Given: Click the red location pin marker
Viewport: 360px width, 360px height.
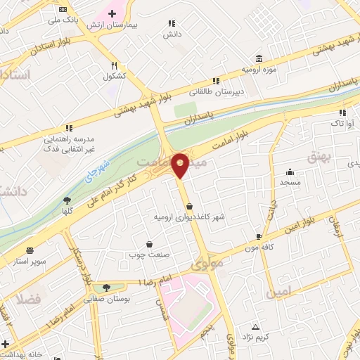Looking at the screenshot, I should (x=181, y=164).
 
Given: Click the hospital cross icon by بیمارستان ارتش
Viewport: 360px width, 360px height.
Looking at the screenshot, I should (x=112, y=13).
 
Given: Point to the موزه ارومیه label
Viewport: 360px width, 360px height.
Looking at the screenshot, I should (x=257, y=70).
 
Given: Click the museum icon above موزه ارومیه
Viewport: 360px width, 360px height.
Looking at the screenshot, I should (x=259, y=58).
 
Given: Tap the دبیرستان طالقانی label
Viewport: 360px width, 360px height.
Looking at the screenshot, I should (x=218, y=91).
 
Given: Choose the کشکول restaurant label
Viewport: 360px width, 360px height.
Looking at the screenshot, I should (x=113, y=76).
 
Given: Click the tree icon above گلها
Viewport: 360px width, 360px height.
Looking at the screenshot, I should (x=67, y=200).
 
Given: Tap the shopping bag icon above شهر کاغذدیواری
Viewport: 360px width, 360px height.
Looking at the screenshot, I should (x=190, y=206).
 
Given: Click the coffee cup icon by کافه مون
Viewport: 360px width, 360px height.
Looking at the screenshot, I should (x=259, y=236).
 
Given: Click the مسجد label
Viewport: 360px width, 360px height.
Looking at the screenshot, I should (x=290, y=182).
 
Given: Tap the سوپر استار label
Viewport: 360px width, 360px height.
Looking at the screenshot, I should (x=31, y=262).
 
